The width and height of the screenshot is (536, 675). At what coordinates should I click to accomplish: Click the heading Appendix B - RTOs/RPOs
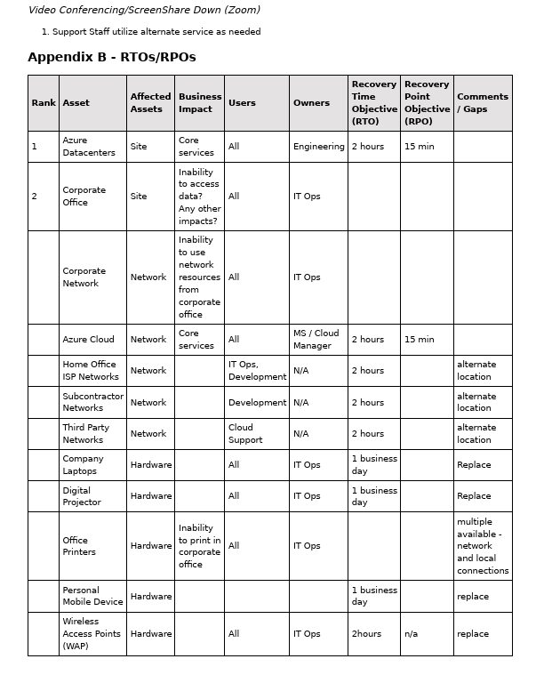[x=112, y=57]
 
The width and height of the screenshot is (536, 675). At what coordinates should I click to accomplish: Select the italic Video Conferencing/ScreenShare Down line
[x=144, y=11]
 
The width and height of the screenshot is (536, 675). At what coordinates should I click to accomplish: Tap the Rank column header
[x=44, y=103]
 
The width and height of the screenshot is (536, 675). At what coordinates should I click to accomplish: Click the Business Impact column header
[x=199, y=103]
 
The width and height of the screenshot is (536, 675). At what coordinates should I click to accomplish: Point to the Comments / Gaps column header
[x=482, y=103]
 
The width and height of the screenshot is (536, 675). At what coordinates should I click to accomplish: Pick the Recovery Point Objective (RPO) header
[x=427, y=103]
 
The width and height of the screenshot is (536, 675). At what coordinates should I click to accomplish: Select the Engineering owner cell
[x=318, y=147]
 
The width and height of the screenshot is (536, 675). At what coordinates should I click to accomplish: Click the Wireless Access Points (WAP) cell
[x=91, y=633]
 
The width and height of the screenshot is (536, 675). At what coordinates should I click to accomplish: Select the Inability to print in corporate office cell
[x=198, y=546]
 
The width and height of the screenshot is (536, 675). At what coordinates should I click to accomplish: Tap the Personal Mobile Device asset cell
[x=92, y=596]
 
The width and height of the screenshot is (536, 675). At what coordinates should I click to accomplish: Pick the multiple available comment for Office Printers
[x=482, y=546]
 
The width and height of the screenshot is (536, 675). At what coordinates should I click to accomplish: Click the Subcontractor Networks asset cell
[x=92, y=402]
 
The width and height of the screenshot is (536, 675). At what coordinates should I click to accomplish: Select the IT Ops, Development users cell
[x=257, y=371]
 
